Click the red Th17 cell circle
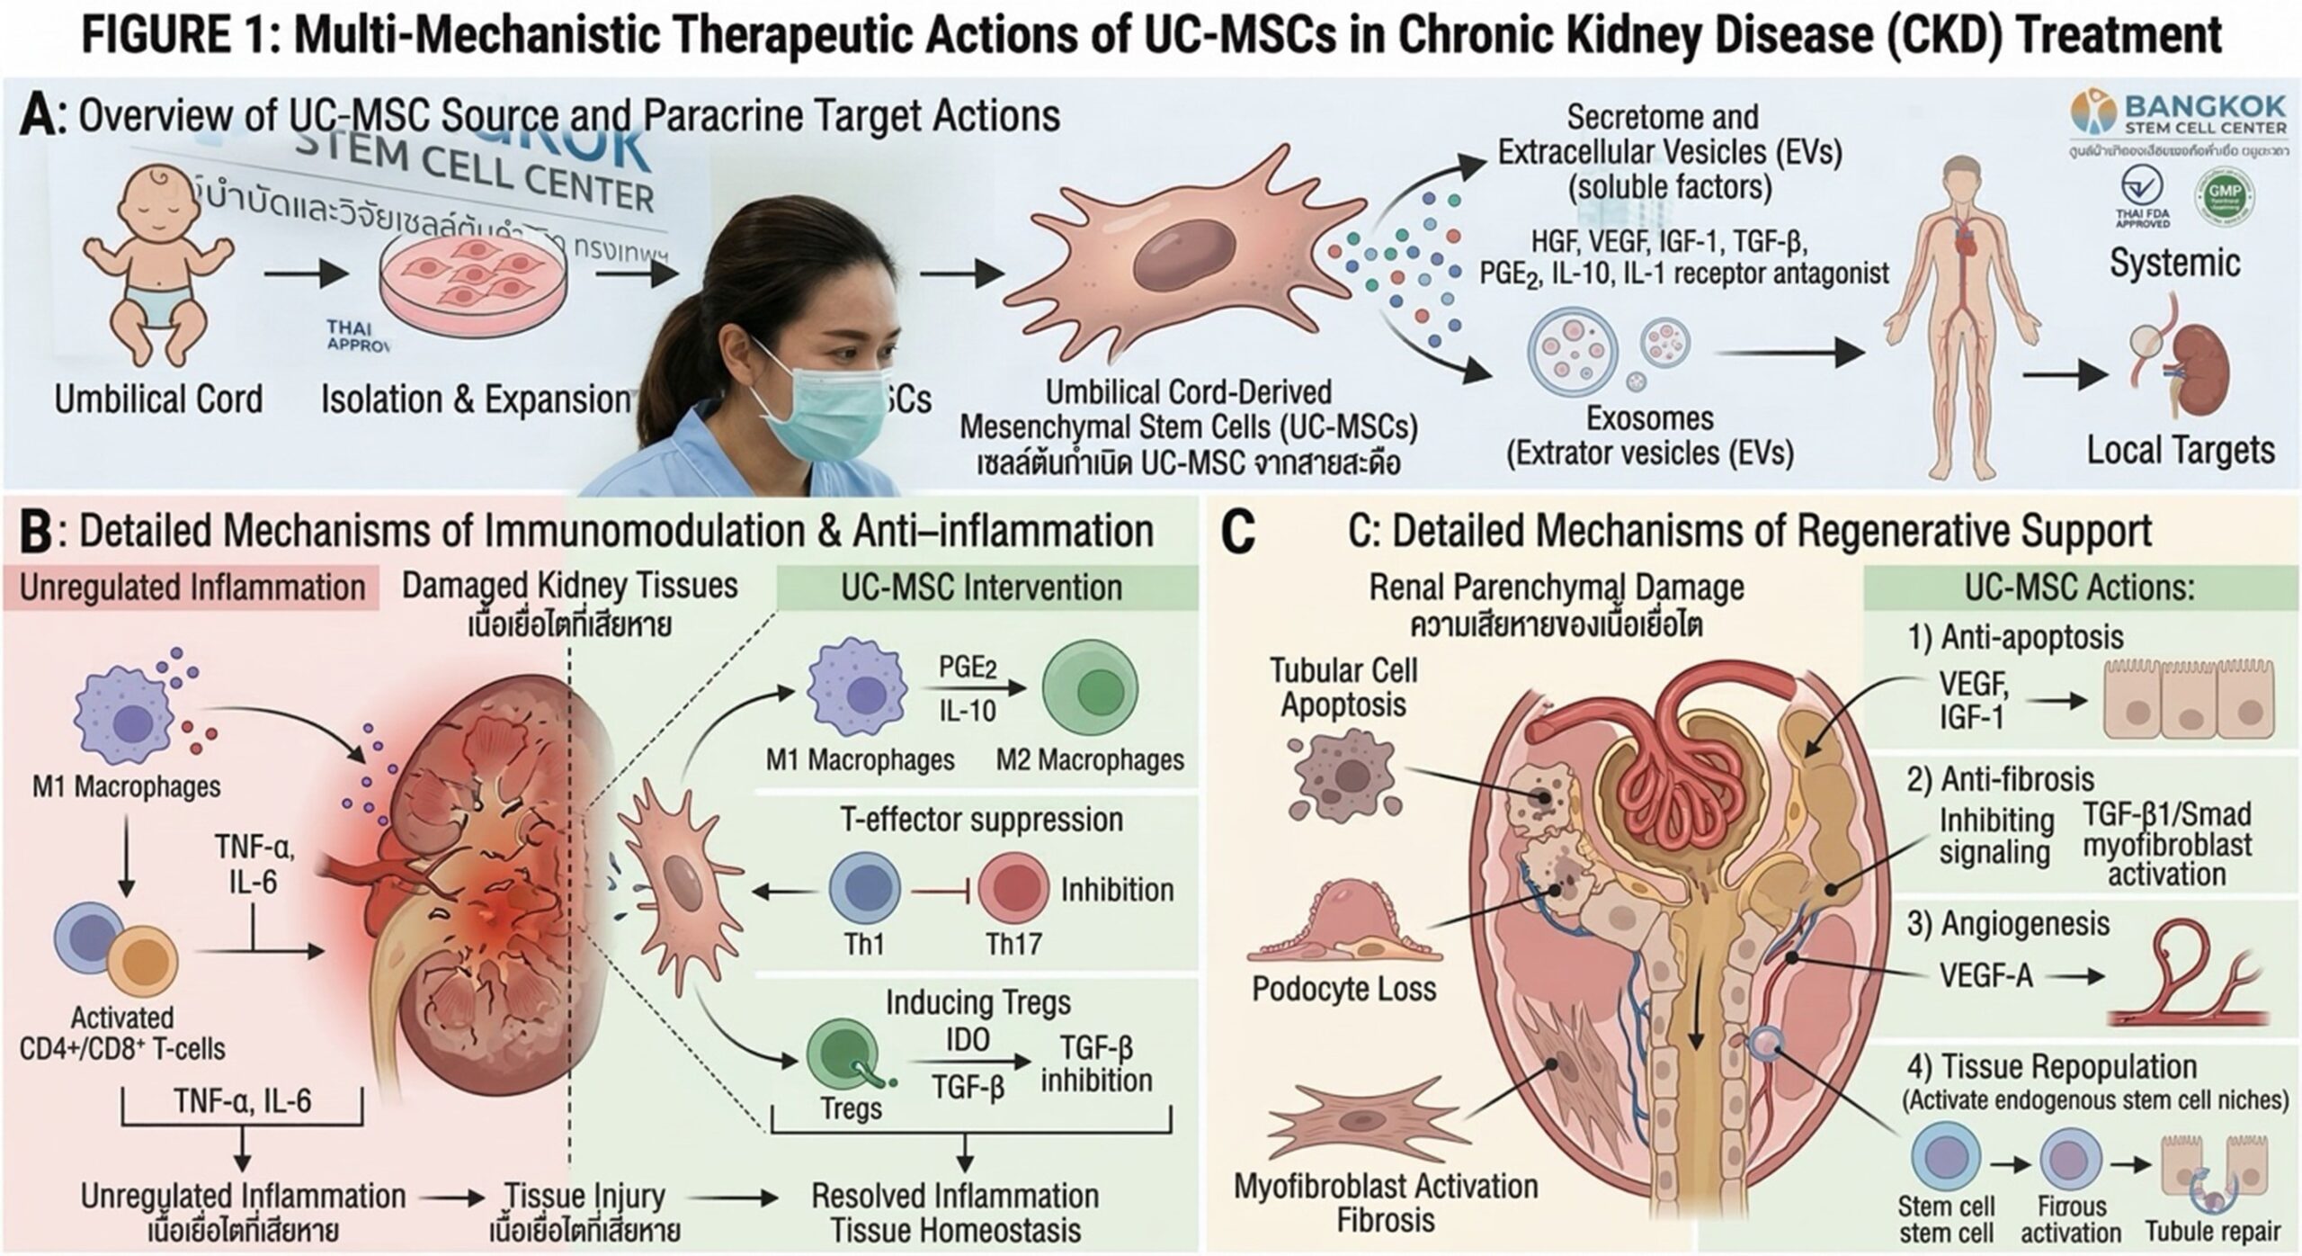pos(1013,889)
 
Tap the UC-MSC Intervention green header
pos(982,588)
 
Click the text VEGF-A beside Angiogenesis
pos(1985,974)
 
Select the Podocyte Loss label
pos(1343,989)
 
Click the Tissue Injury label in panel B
pos(584,1197)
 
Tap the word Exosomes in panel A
pos(1649,418)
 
